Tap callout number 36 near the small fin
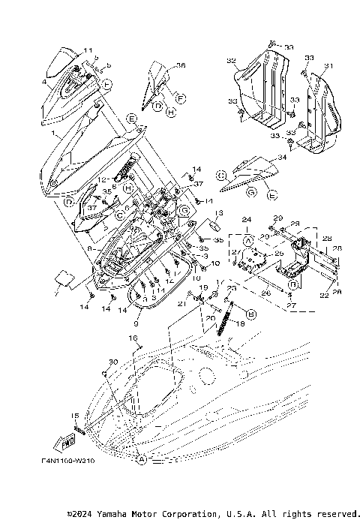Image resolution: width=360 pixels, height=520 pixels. (x=181, y=65)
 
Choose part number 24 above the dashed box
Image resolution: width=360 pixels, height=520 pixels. (x=244, y=218)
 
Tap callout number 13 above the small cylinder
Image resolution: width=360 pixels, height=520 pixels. (x=219, y=213)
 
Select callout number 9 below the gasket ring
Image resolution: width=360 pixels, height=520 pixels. (x=135, y=325)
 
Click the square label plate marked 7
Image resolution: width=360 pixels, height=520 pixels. (x=63, y=280)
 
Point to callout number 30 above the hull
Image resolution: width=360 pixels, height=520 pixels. (x=113, y=362)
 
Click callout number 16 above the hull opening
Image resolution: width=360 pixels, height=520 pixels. (x=136, y=338)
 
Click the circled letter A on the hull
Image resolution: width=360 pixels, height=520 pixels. (x=140, y=458)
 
